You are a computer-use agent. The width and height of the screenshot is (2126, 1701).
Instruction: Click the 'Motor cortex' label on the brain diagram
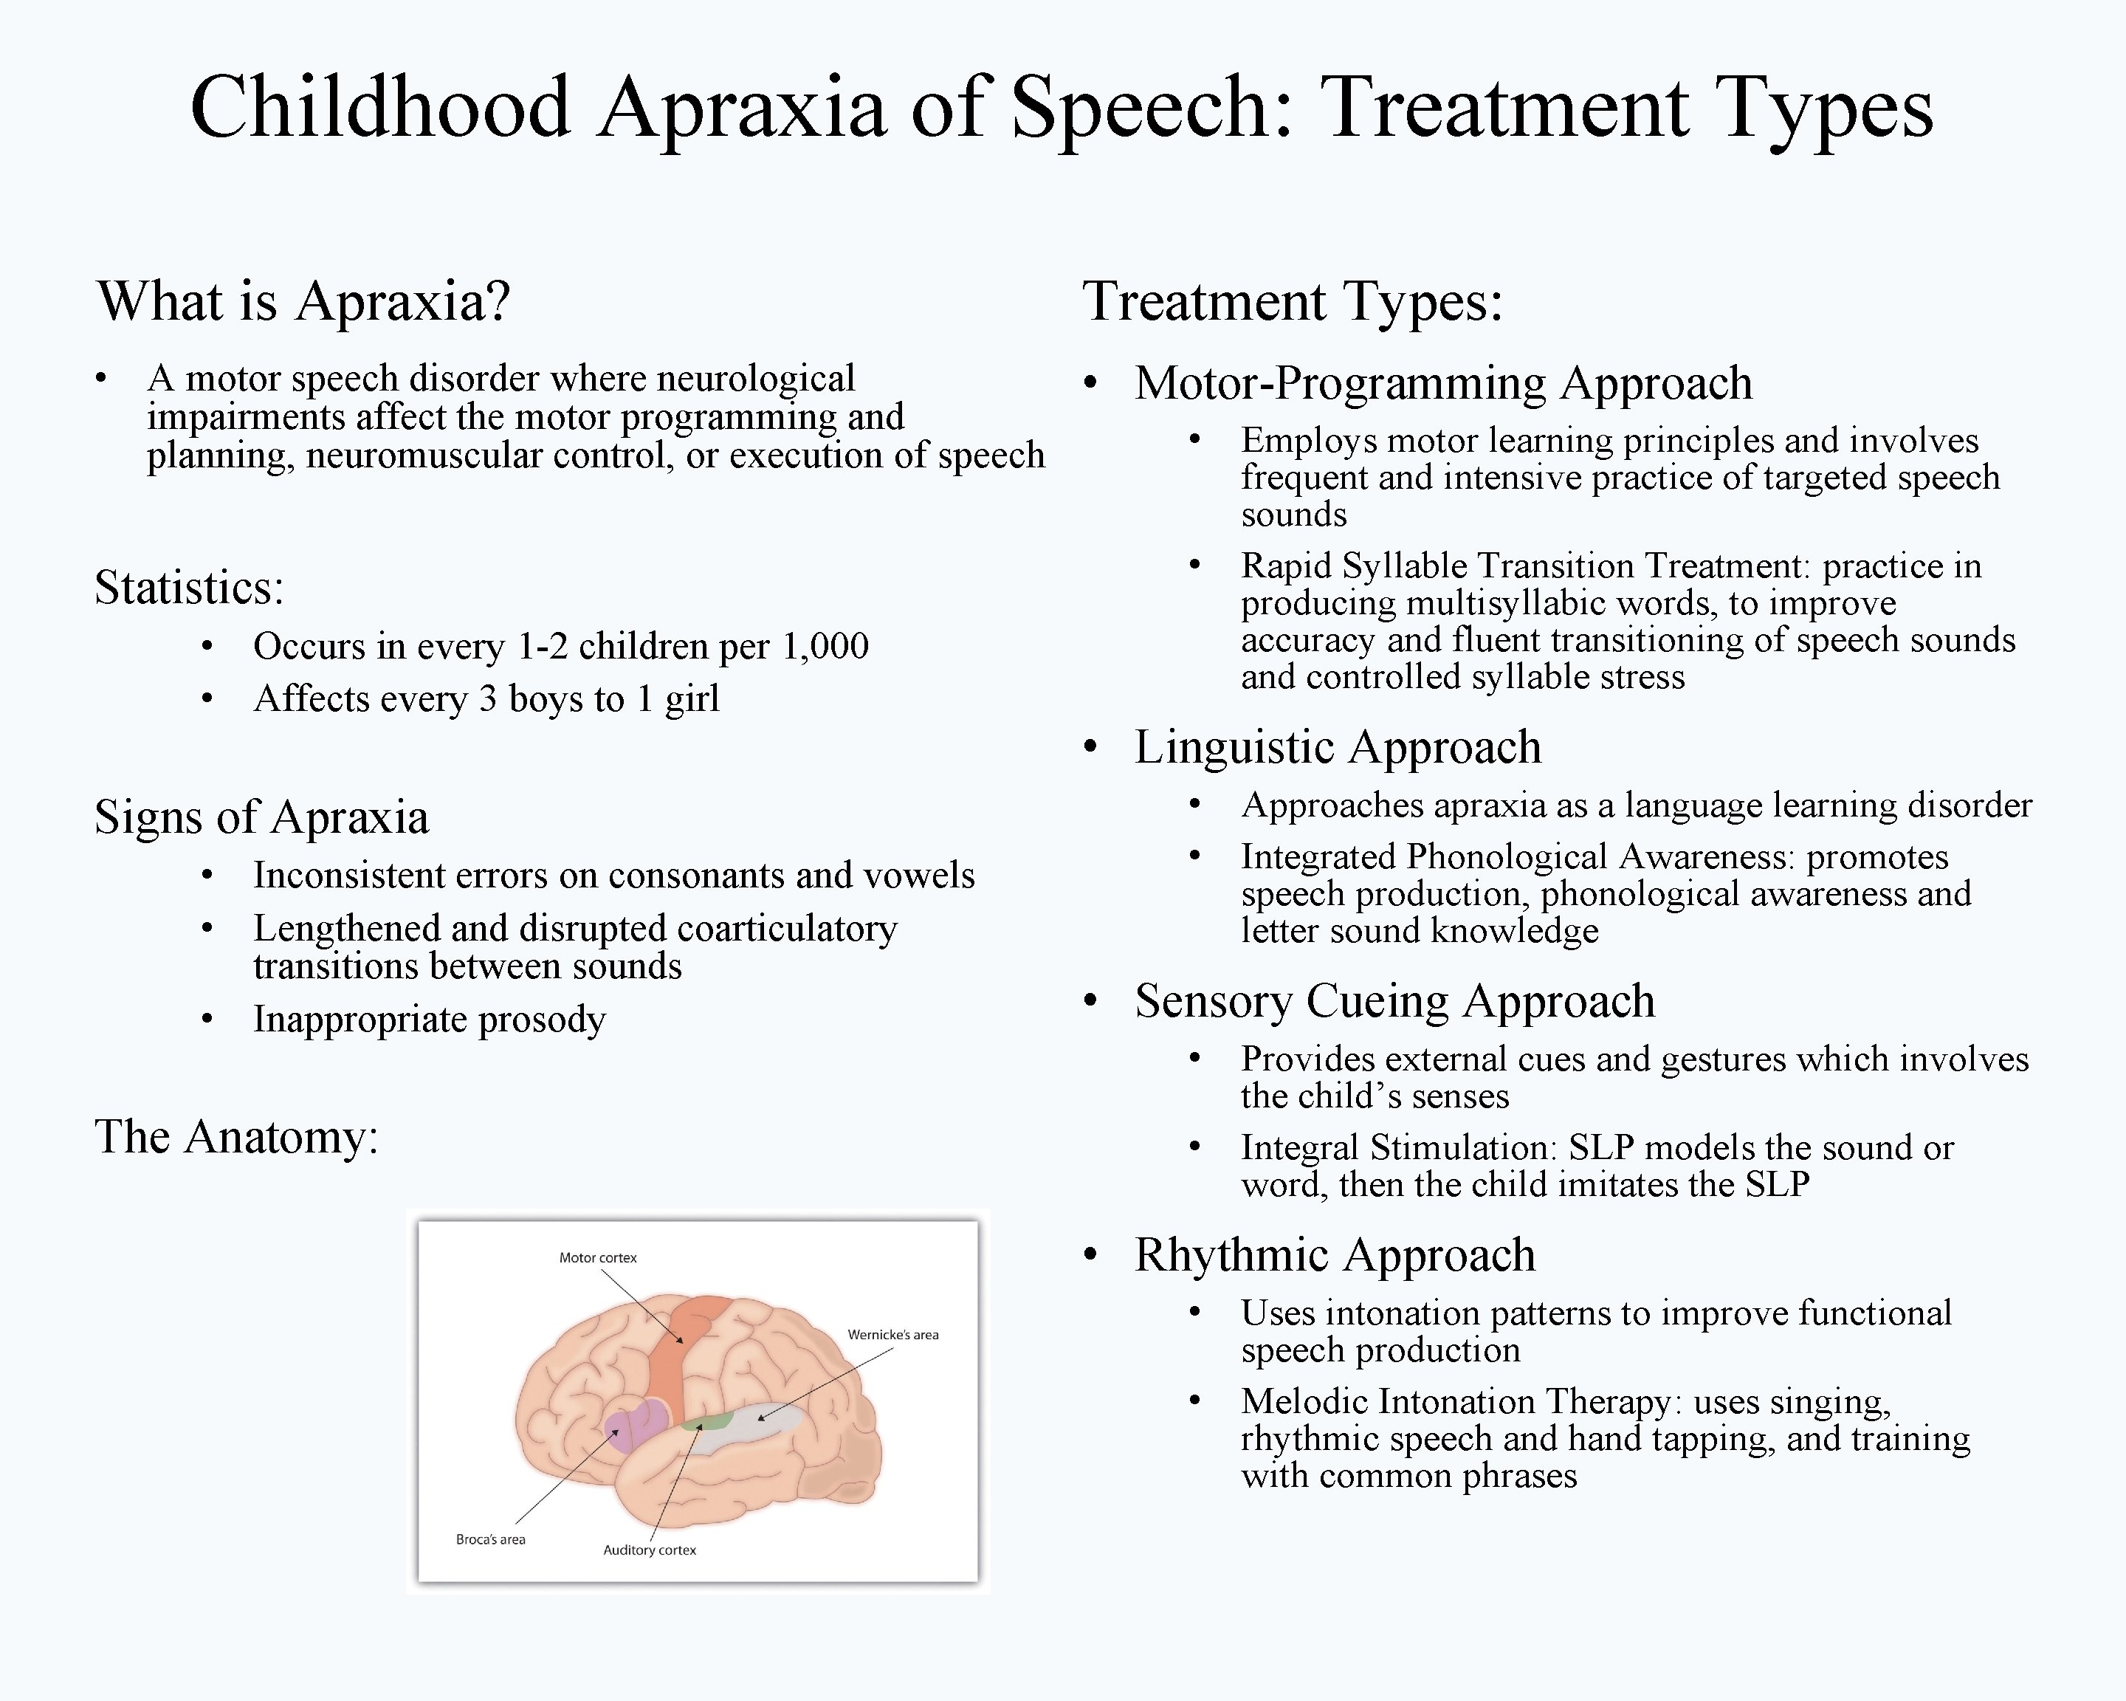(597, 1257)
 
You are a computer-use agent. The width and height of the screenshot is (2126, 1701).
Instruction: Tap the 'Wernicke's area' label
(892, 1334)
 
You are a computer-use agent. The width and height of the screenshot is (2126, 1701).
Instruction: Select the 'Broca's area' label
(490, 1539)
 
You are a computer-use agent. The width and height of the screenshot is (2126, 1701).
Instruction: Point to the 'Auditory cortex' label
(649, 1550)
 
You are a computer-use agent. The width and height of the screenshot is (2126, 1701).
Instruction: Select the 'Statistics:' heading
(189, 588)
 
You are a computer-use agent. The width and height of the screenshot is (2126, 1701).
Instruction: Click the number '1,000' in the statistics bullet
(825, 647)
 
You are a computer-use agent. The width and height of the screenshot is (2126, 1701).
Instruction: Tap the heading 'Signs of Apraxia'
(261, 817)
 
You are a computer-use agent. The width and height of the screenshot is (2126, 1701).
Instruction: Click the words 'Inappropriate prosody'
(429, 1020)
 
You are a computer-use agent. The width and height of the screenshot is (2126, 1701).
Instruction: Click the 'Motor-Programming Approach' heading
(1442, 384)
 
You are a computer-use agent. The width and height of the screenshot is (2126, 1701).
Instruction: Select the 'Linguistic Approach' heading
(1337, 747)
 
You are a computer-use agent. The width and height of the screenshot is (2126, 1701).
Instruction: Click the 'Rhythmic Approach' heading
(1334, 1255)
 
